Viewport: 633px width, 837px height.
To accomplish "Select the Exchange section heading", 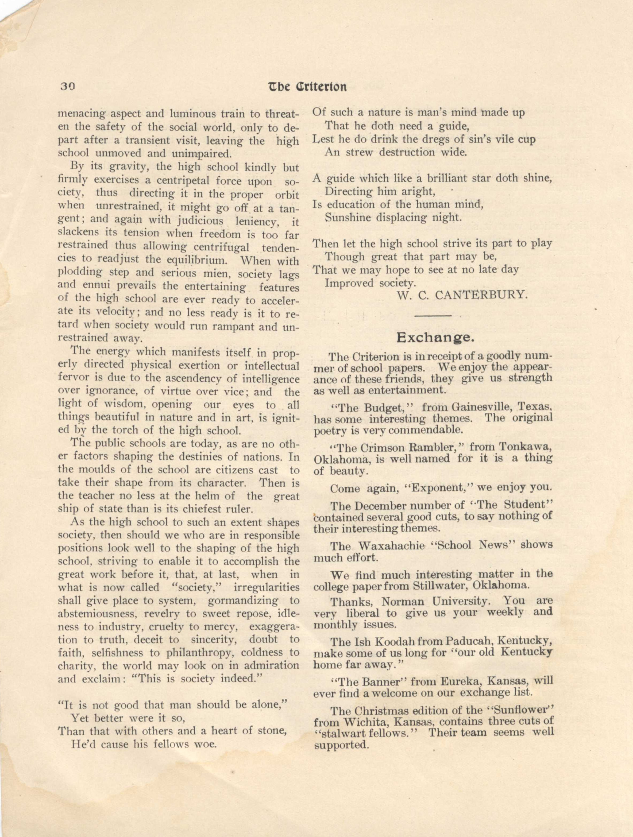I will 435,337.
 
